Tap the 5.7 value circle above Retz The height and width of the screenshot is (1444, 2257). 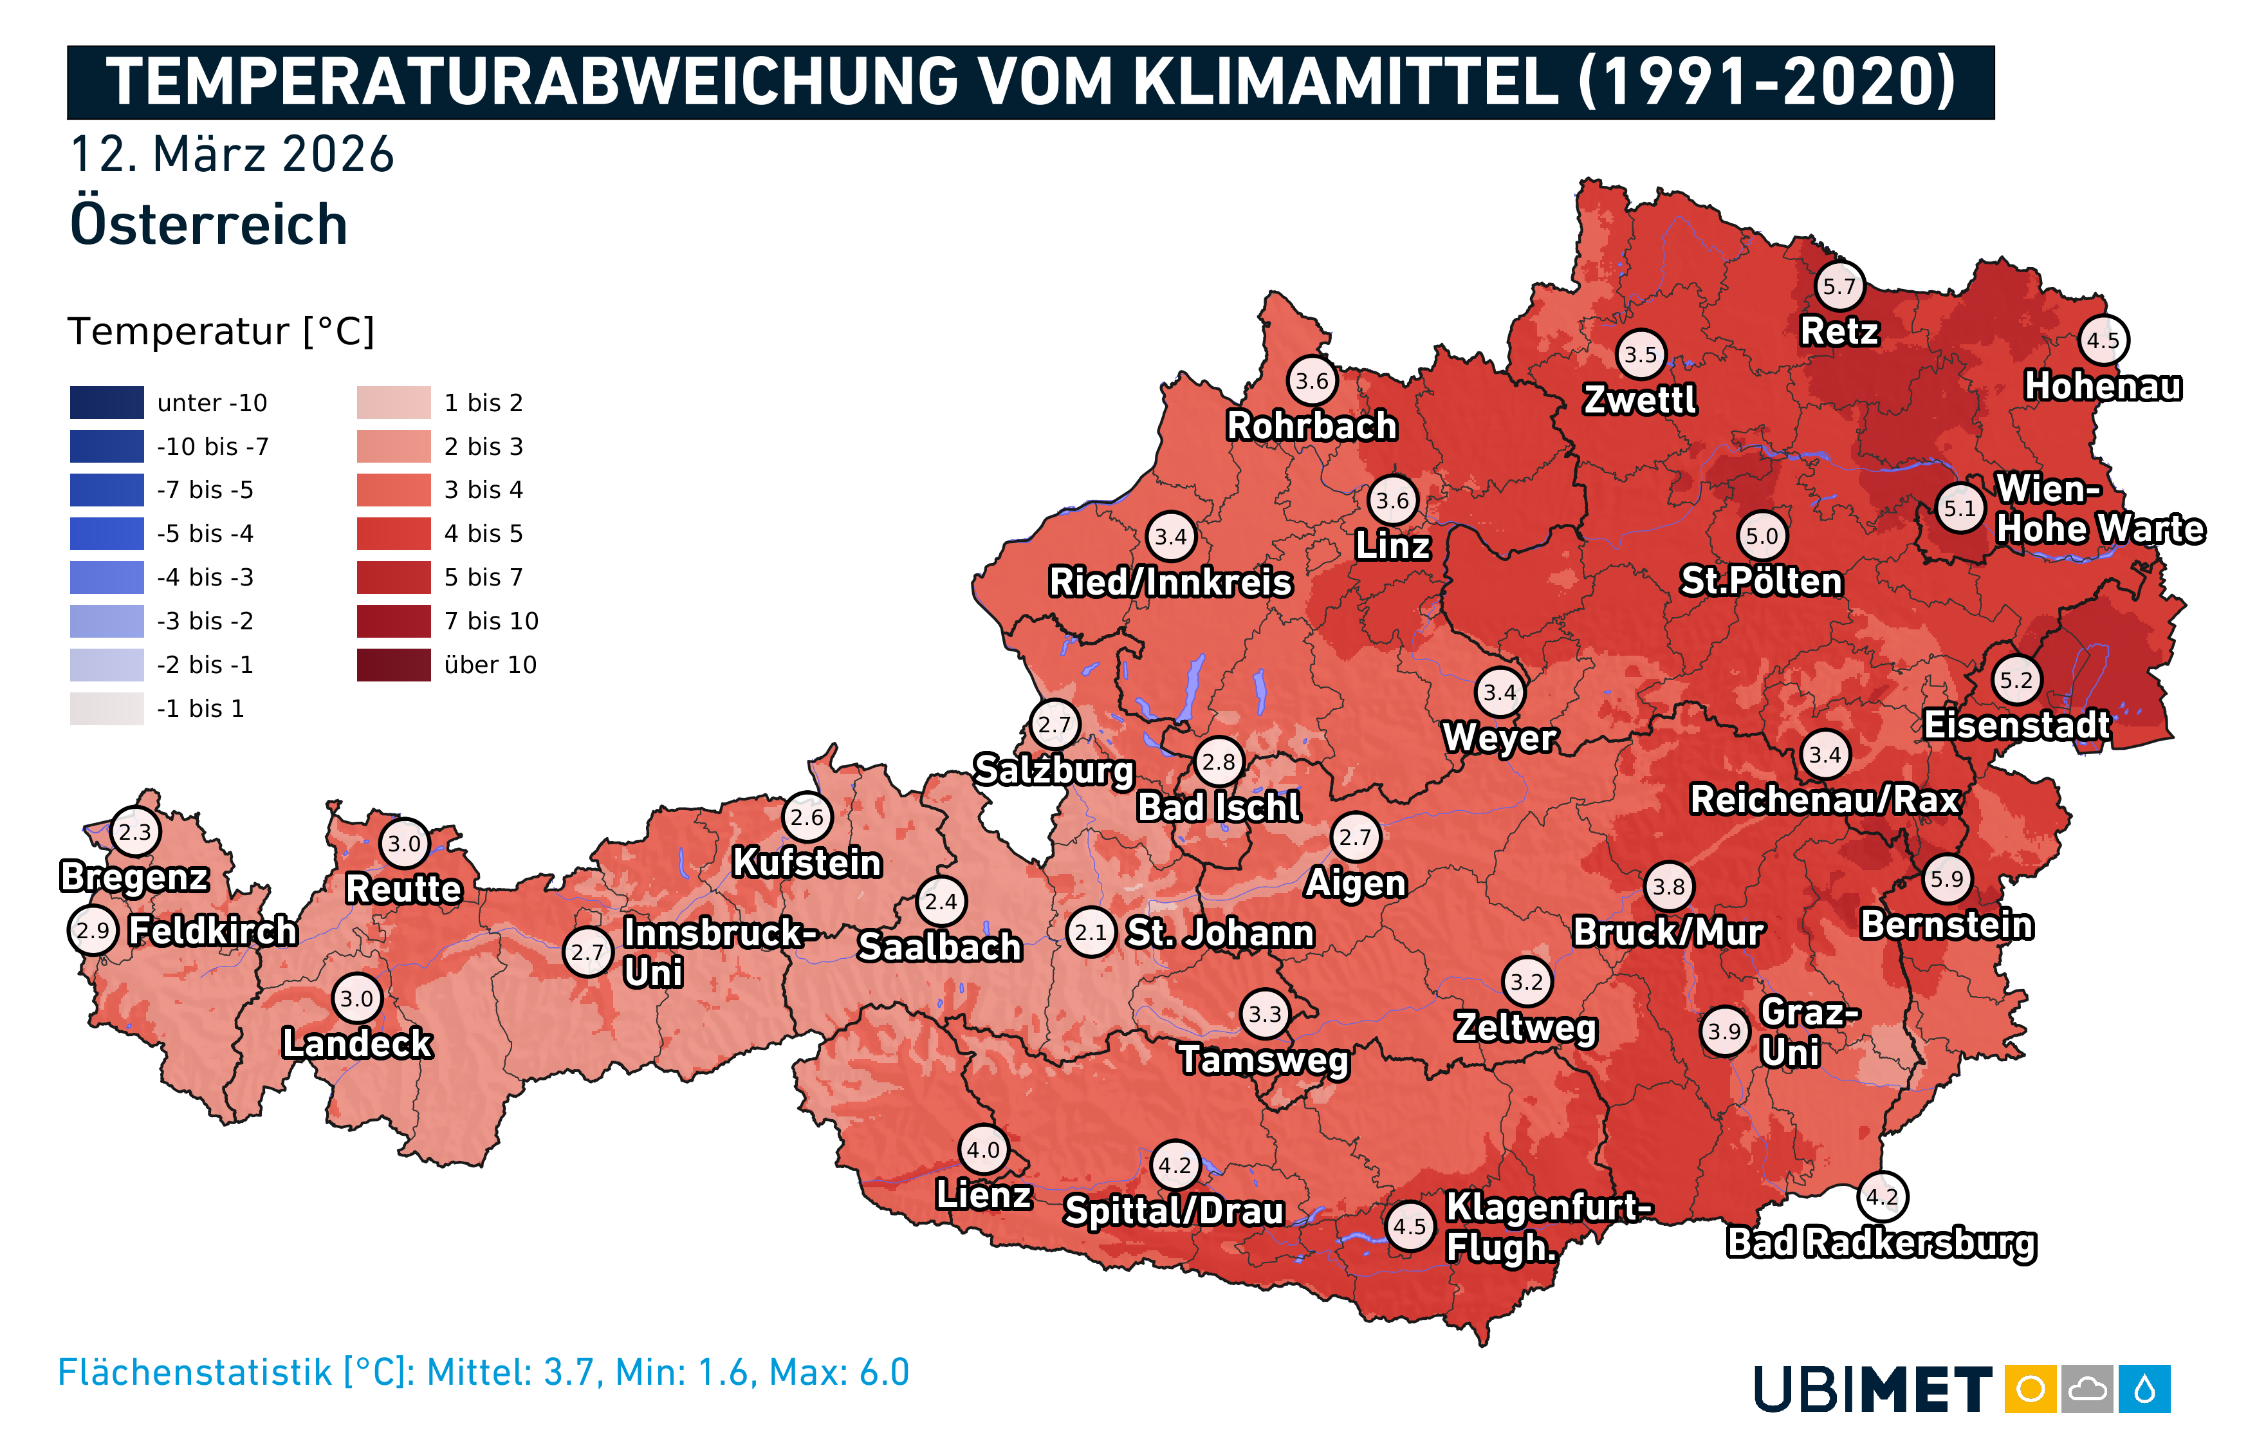pyautogui.click(x=1839, y=286)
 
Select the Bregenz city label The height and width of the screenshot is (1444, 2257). pyautogui.click(x=134, y=876)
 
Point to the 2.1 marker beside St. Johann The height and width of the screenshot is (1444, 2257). pyautogui.click(x=1091, y=932)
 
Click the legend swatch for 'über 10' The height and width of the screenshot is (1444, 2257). pyautogui.click(x=394, y=665)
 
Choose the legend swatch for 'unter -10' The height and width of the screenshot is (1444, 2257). pyautogui.click(x=107, y=402)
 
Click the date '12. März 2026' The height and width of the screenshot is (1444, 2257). pyautogui.click(x=232, y=154)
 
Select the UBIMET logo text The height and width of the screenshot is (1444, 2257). pyautogui.click(x=1873, y=1389)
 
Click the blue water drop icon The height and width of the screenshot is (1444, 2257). pyautogui.click(x=2144, y=1389)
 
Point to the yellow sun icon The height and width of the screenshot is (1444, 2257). pyautogui.click(x=2030, y=1389)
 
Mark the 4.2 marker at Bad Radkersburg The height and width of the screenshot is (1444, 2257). pyautogui.click(x=1882, y=1196)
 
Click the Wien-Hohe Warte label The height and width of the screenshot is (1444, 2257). pyautogui.click(x=2099, y=509)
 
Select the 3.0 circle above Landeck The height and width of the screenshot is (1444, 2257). pyautogui.click(x=357, y=999)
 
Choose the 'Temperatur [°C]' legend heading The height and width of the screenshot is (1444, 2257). pyautogui.click(x=221, y=331)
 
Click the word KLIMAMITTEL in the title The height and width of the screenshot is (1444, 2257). pyautogui.click(x=1347, y=82)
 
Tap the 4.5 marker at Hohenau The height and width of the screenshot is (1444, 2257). pyautogui.click(x=2103, y=340)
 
